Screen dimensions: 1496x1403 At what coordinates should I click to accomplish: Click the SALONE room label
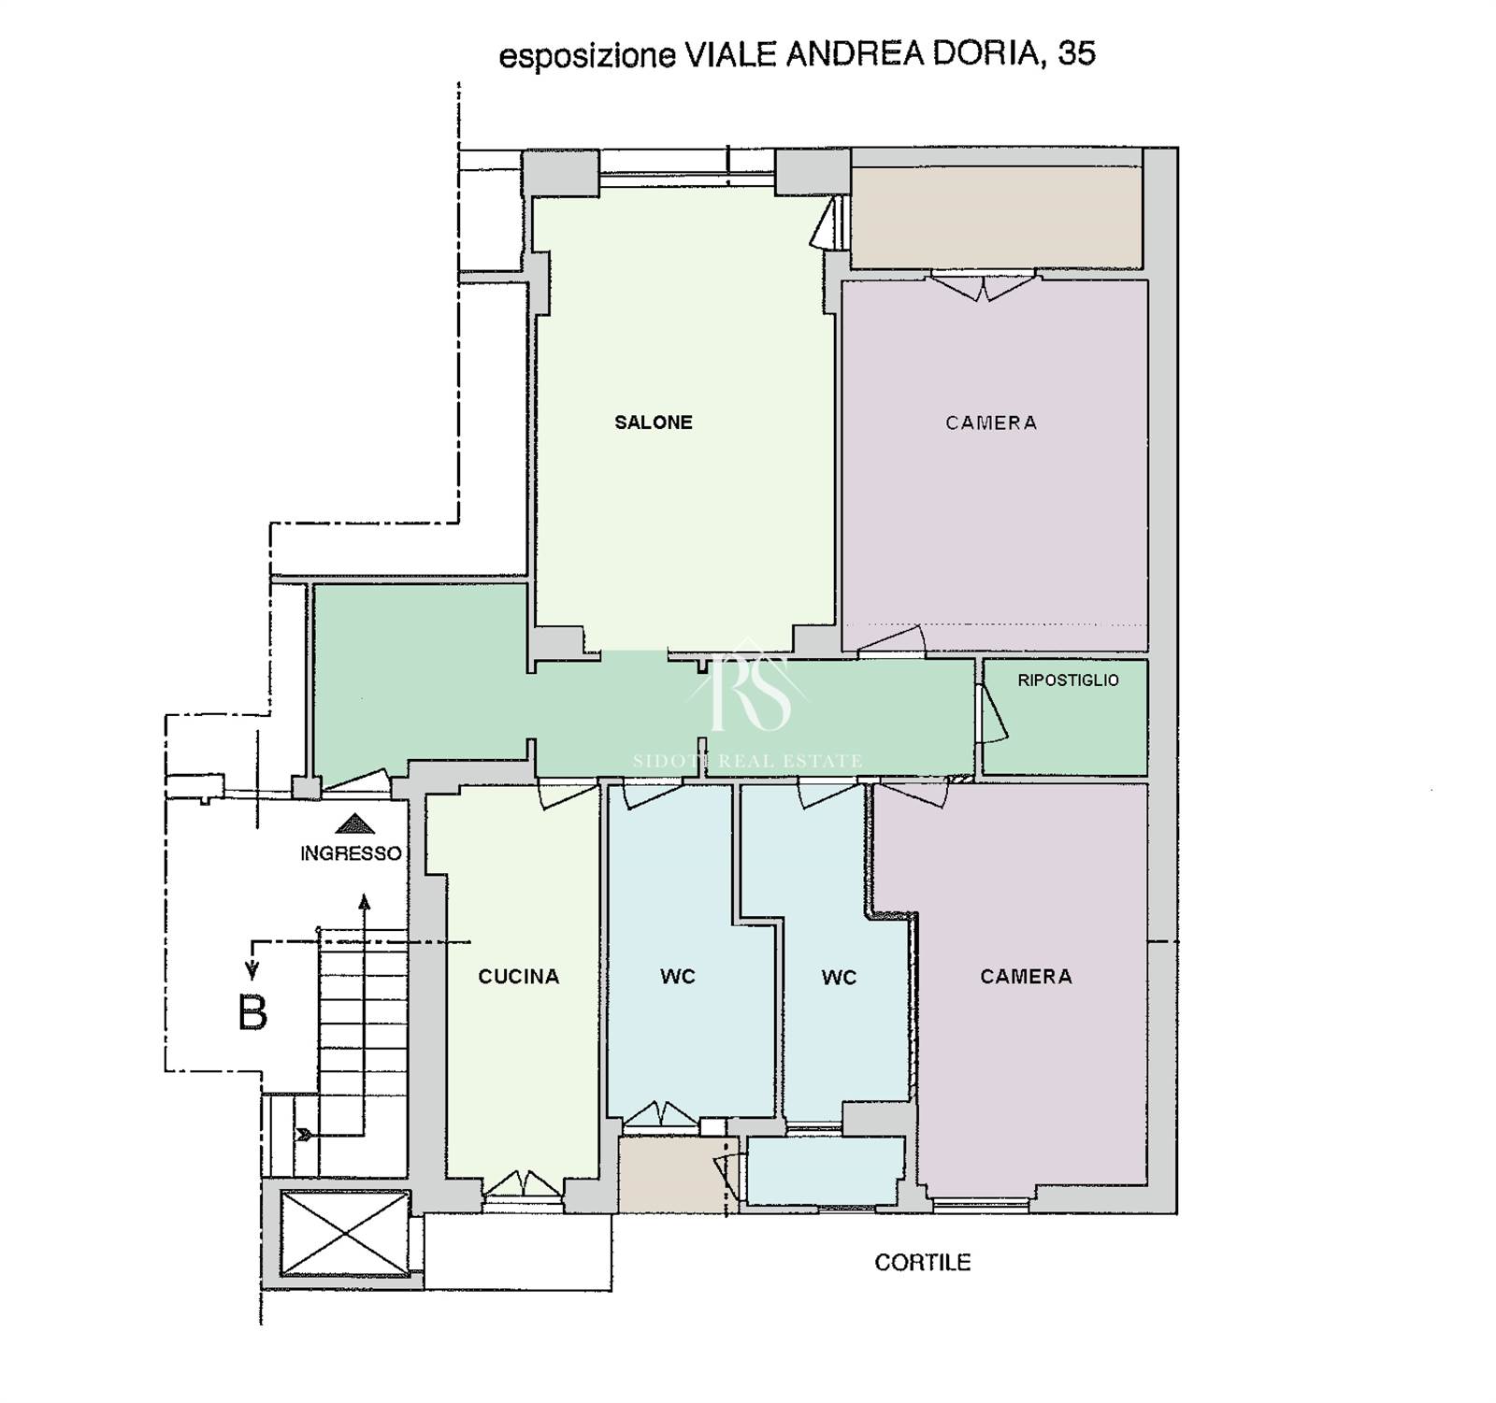(654, 422)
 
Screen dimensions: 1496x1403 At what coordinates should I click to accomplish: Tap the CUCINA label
(519, 977)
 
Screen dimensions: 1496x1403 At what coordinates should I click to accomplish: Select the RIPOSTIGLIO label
(1068, 680)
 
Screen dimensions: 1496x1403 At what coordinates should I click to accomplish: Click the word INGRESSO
(351, 853)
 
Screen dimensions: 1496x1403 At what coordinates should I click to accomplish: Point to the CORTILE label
(923, 1262)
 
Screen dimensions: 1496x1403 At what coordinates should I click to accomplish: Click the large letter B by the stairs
(252, 1012)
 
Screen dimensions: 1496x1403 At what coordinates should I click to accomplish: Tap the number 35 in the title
(1076, 53)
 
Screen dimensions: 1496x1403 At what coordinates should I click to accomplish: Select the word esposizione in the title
(586, 56)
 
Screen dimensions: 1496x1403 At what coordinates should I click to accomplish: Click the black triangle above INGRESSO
(354, 823)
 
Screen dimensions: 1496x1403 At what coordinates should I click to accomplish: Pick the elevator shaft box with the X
(345, 1233)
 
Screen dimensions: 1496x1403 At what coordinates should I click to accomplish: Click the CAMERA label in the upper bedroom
(991, 423)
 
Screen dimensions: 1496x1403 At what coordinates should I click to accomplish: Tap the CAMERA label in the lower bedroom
(1026, 977)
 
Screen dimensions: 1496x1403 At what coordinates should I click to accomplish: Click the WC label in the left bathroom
(678, 977)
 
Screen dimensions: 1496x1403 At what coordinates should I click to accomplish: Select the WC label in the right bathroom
(839, 978)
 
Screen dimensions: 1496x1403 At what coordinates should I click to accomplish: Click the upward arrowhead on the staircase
(365, 902)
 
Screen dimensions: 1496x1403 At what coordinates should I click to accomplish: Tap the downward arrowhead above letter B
(251, 972)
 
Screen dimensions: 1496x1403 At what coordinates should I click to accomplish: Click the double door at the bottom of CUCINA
(523, 1185)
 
